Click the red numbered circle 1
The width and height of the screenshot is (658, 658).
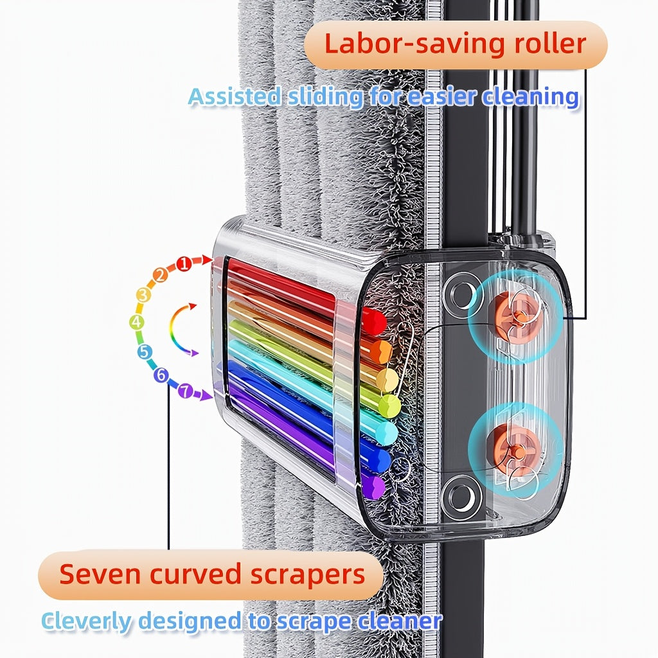pos(184,263)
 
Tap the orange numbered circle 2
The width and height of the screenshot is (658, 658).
pos(161,276)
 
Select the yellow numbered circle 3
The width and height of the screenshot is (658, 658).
pos(143,296)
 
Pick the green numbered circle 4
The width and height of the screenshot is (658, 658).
pos(136,322)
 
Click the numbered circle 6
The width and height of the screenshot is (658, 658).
pos(161,375)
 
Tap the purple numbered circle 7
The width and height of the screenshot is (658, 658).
pos(186,390)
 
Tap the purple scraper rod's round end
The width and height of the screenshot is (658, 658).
pos(373,487)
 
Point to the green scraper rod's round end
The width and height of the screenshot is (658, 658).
pos(389,405)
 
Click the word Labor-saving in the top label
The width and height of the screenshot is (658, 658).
pos(396,44)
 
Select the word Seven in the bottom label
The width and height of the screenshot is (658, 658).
pos(99,574)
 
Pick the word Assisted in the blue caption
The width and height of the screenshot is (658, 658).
pos(234,97)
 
